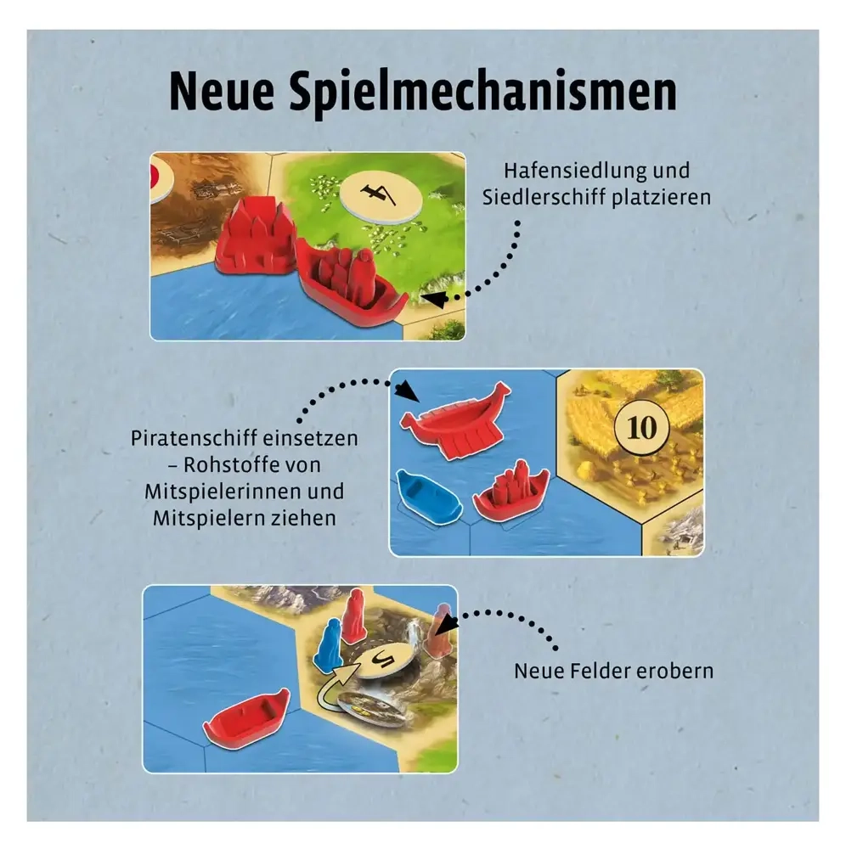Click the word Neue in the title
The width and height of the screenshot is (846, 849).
[222, 92]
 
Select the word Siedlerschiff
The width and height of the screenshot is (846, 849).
[544, 197]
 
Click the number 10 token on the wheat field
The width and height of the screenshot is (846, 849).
[642, 428]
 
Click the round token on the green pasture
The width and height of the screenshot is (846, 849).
[381, 195]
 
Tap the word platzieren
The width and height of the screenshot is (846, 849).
[662, 197]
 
